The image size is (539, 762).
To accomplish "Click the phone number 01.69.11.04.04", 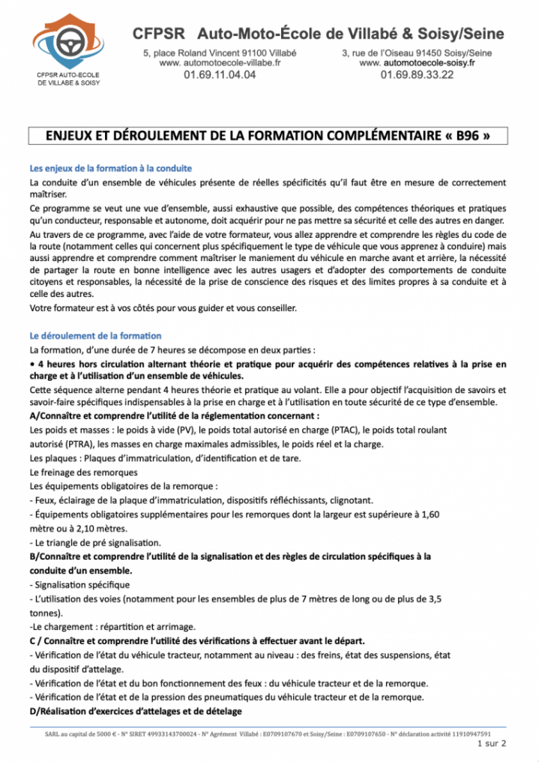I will pos(220,75).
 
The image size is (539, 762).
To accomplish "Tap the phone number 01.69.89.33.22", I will pos(417,75).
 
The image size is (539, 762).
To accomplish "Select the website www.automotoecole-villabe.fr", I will pos(220,64).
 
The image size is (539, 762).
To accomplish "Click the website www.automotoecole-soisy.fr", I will pos(417,64).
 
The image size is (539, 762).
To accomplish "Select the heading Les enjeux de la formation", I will pos(110,168).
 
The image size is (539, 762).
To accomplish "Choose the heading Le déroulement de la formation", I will pos(95,336).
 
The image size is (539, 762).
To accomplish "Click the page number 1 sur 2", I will pos(491,744).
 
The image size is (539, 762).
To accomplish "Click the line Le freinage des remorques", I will pos(83,472).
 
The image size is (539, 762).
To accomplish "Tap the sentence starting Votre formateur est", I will pos(163,308).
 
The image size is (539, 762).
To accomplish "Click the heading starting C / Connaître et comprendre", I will pos(197,640).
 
